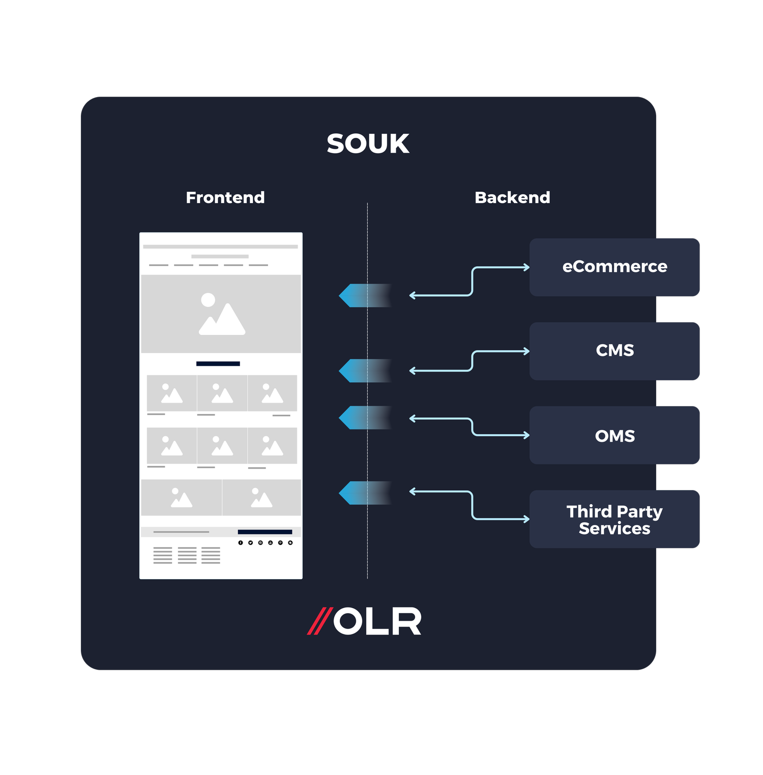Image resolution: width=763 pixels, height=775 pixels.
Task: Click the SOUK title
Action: coord(368,144)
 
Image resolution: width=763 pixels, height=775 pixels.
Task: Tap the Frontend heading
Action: coord(225,197)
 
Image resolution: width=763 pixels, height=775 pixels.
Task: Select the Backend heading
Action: coord(512,197)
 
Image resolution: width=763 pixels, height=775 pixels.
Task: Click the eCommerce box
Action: coord(614,267)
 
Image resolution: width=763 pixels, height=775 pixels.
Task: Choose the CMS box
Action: coord(614,351)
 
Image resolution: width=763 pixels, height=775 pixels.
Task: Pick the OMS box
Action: coord(614,436)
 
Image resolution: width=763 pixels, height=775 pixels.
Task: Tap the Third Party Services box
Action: coord(614,519)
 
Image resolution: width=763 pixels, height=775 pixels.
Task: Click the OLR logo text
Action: coord(377,621)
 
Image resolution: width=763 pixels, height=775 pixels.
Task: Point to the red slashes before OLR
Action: coord(319,621)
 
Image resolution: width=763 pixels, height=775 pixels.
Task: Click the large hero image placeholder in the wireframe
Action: coord(221,314)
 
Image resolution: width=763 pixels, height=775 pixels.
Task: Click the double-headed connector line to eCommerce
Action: coord(472,281)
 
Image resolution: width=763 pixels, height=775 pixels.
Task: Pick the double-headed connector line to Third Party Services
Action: coord(472,505)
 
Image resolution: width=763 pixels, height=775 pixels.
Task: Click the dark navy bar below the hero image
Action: coord(218,364)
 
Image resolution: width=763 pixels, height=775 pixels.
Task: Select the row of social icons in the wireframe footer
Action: coord(265,543)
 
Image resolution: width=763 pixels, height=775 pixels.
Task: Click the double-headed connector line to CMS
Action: coord(472,361)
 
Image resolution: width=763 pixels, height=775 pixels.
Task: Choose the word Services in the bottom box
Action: coord(614,529)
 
